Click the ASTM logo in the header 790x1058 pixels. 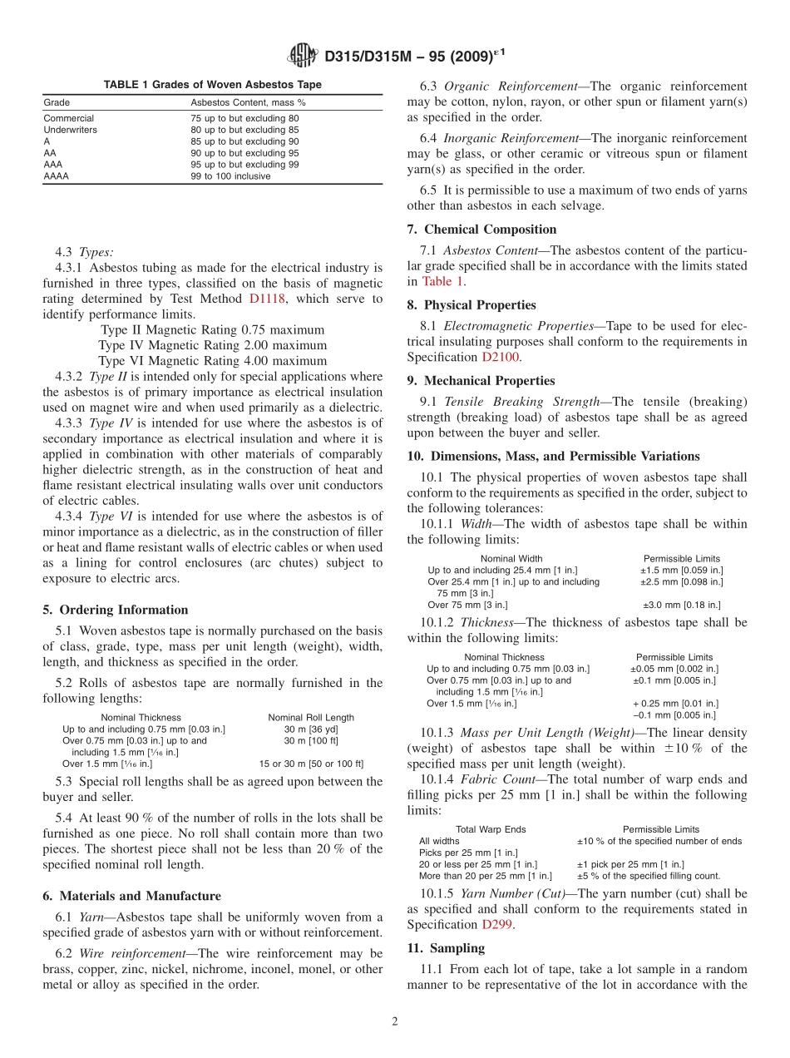(303, 57)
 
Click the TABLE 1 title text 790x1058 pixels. (212, 85)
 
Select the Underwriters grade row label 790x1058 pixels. (70, 130)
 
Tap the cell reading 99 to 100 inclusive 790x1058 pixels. (230, 176)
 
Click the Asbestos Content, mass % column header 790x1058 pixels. (248, 102)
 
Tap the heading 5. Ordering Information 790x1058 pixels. (115, 610)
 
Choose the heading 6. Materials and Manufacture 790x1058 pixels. (131, 896)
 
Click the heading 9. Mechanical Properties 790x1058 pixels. (481, 381)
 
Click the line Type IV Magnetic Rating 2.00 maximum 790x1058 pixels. (212, 345)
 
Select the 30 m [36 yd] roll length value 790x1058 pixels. (310, 729)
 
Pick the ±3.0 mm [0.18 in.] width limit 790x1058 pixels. (682, 605)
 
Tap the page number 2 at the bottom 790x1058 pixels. (395, 1021)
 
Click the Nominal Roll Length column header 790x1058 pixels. (310, 717)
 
